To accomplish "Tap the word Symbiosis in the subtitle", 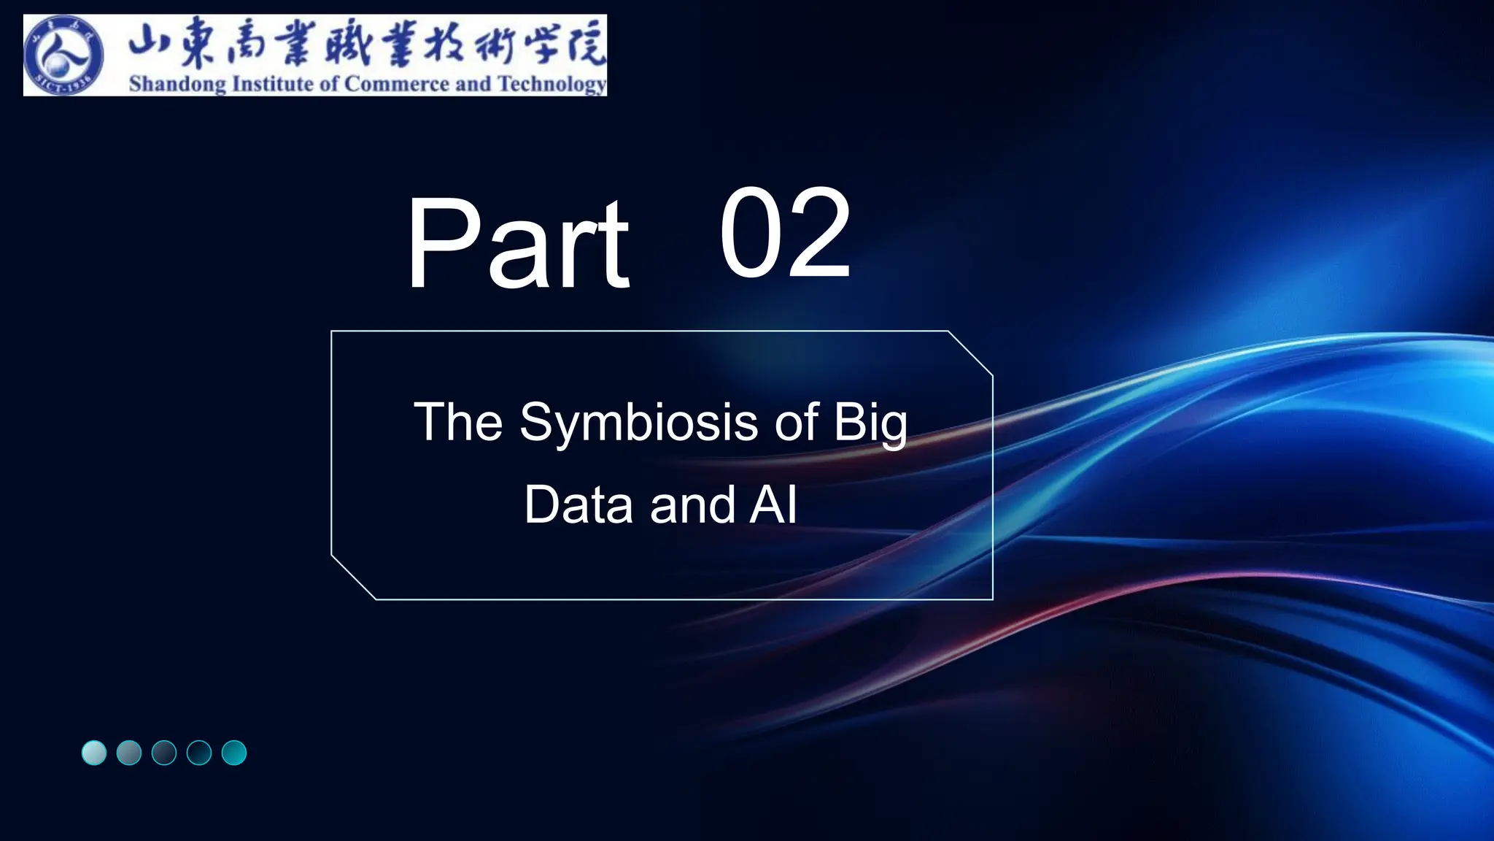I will (638, 423).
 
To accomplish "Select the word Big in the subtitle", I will (870, 423).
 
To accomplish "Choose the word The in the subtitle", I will (458, 423).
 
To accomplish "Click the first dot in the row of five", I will (94, 753).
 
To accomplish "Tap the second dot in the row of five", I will (129, 753).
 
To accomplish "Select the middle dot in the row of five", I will (164, 753).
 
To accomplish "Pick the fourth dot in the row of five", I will (199, 753).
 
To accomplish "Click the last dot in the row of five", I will (234, 753).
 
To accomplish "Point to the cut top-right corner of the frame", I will (971, 353).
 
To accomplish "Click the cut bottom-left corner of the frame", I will (354, 577).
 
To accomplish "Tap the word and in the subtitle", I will (692, 504).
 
